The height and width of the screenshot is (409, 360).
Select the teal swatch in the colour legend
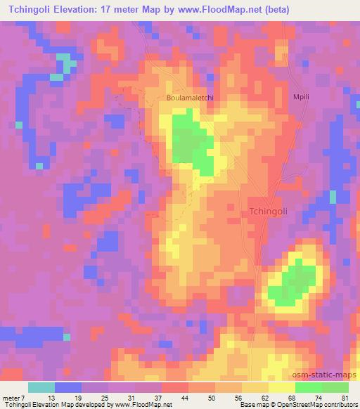tap(41, 388)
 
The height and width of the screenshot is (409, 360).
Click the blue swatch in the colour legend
tap(67, 388)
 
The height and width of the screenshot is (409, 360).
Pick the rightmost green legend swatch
tap(335, 388)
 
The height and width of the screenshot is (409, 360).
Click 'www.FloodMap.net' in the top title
tap(215, 11)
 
